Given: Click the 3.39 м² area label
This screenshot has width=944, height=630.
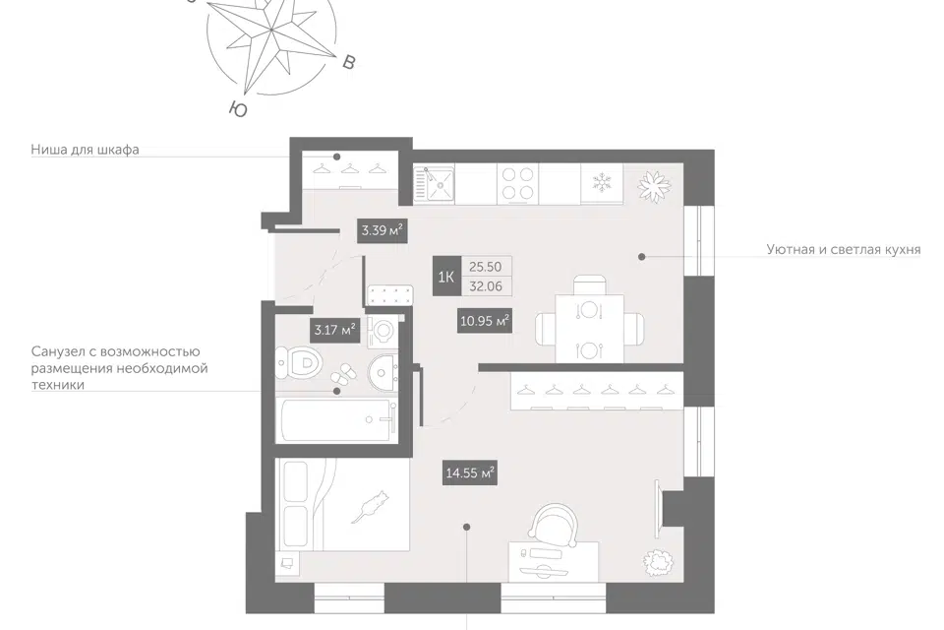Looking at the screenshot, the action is (382, 230).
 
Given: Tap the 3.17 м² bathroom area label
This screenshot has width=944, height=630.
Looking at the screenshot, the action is (334, 330).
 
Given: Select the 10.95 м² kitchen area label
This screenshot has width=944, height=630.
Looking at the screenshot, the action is (485, 321).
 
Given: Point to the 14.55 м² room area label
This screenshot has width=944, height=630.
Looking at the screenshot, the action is (470, 472).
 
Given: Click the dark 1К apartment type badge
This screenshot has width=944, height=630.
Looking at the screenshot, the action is (446, 277).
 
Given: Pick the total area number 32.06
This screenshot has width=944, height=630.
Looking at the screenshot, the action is (486, 286).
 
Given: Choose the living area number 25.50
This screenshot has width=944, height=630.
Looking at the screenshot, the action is (485, 267).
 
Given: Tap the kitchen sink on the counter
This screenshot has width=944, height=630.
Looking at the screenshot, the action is (434, 184).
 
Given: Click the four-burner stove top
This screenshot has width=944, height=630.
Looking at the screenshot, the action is (518, 183).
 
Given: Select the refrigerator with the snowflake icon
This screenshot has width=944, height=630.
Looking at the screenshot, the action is (602, 183).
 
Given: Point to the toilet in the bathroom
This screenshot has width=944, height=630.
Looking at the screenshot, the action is (300, 363).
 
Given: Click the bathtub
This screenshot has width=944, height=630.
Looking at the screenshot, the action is (336, 419).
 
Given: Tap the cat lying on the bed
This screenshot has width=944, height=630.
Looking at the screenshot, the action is (371, 508).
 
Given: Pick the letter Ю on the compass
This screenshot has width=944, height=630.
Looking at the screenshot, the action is (239, 109).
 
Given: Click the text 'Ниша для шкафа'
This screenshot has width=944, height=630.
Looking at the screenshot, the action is (85, 149).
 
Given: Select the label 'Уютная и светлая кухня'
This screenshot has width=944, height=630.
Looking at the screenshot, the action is (844, 249).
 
